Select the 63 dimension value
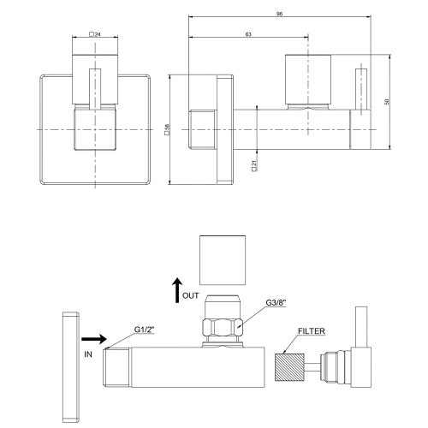[247, 34]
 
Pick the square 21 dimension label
[254, 165]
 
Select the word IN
[89, 352]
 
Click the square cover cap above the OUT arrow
[222, 260]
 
